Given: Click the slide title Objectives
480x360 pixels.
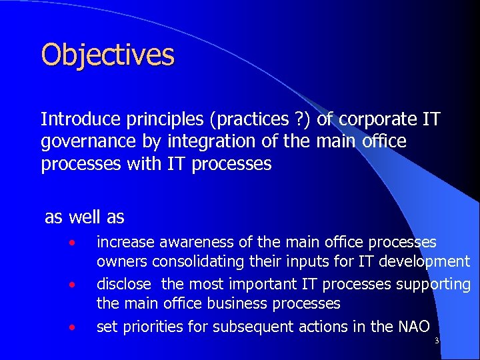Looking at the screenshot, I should pos(107,55).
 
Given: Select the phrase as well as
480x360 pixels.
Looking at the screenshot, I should pos(84,217).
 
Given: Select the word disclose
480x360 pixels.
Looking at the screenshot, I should pos(124,284).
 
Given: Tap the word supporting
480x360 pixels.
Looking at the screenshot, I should pos(433,284).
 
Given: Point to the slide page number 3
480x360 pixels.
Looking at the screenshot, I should pos(436,341).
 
